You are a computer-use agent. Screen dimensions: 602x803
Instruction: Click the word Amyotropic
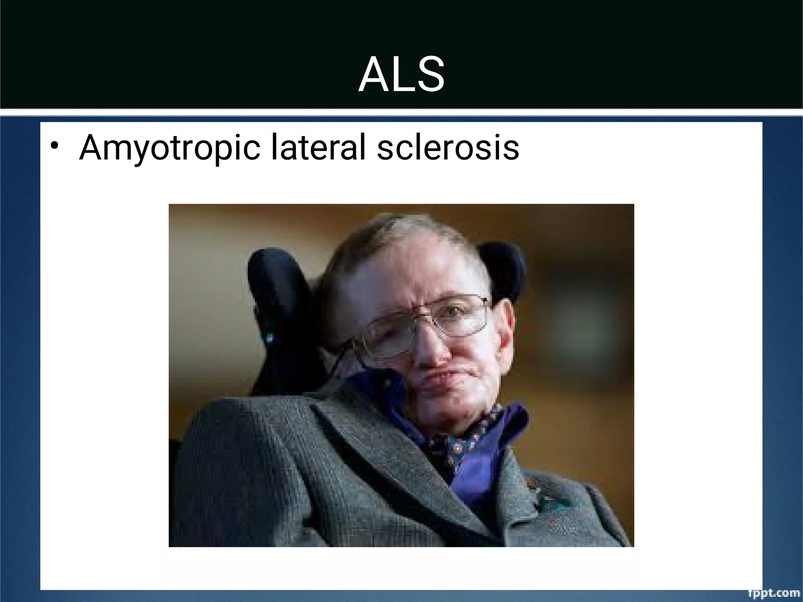tap(169, 148)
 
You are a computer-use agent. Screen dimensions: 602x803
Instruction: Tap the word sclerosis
tap(448, 147)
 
